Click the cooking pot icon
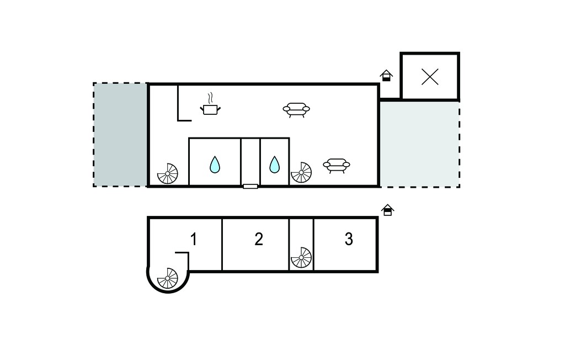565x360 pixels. tap(210, 110)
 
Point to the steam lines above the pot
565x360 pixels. tap(210, 98)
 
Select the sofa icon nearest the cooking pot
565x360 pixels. tap(296, 110)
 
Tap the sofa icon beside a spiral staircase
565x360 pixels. tap(337, 166)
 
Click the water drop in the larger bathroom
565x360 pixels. tap(215, 165)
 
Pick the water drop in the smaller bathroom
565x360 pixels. tap(275, 165)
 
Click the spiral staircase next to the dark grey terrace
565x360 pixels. tap(168, 173)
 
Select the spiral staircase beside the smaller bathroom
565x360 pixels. tap(301, 172)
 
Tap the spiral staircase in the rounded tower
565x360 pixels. tap(168, 278)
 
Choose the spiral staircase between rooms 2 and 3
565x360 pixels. tap(301, 257)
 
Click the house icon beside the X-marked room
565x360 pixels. tap(386, 76)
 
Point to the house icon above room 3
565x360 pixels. tap(388, 210)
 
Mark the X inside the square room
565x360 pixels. tap(430, 77)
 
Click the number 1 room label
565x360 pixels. tap(194, 239)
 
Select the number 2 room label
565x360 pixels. tap(259, 239)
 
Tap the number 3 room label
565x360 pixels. tap(349, 239)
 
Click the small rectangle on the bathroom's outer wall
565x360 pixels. tap(250, 187)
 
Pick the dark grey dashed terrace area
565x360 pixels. tap(120, 135)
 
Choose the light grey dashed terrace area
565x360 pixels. tap(420, 144)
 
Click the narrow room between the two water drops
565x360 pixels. tap(250, 161)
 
